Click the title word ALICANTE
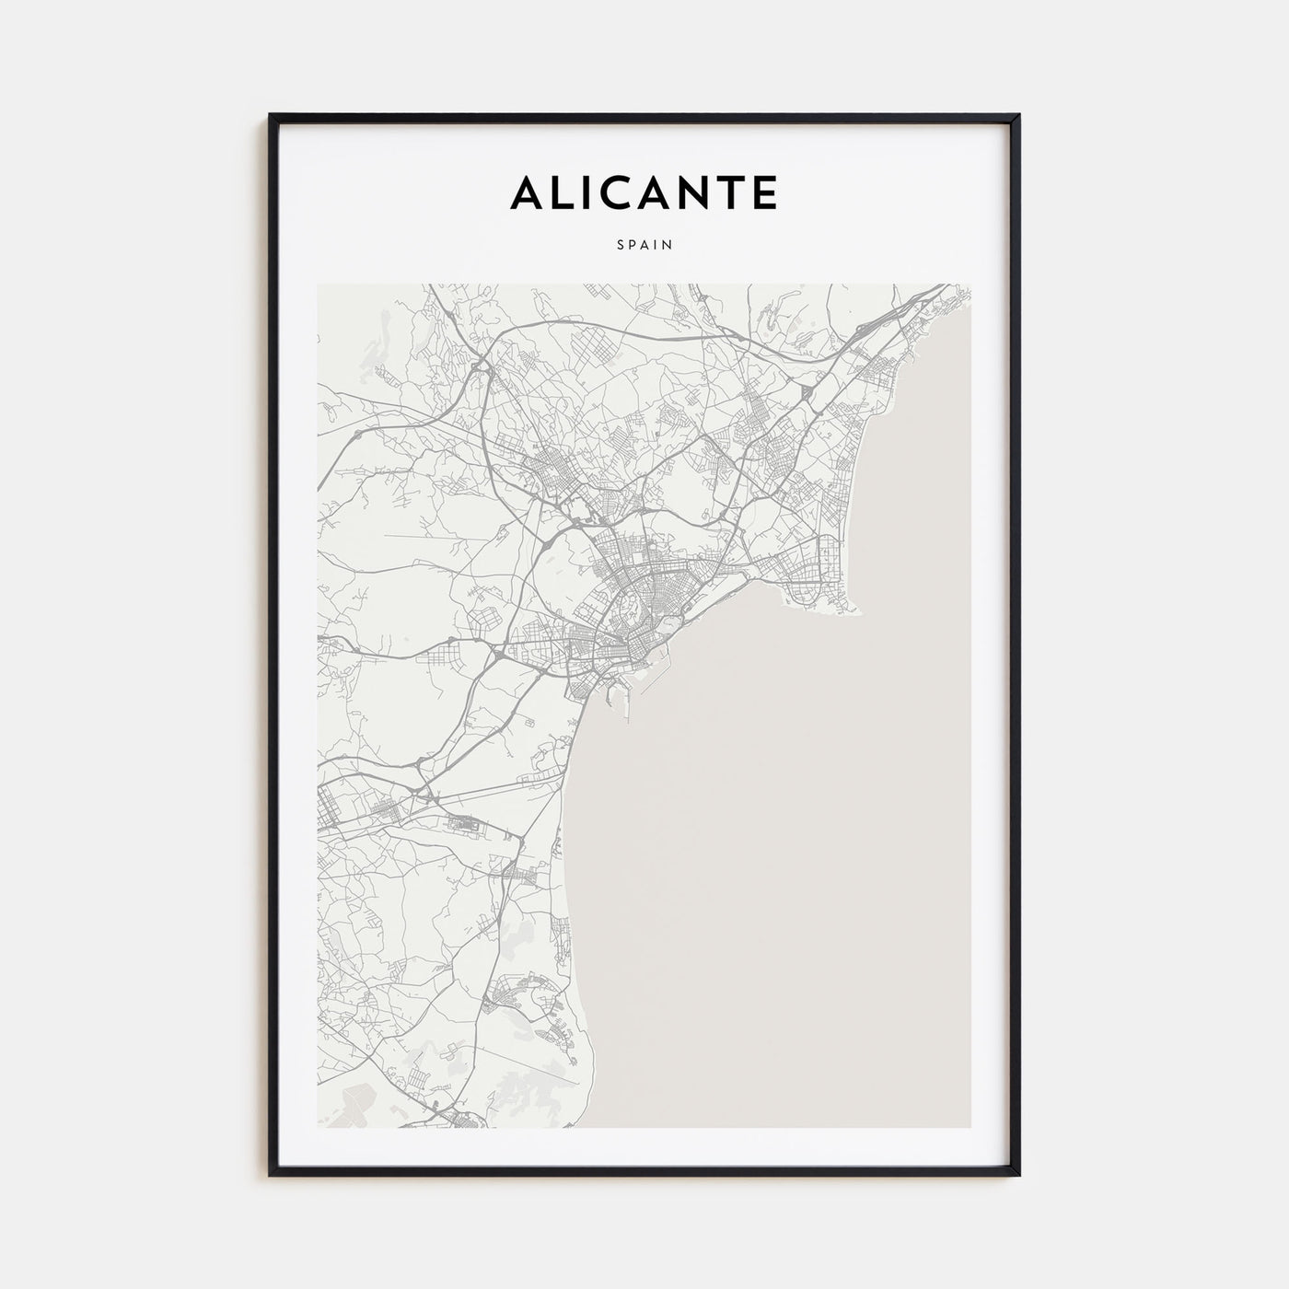644,192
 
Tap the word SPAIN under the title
644,245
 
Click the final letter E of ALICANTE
765,192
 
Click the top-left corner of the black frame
270,115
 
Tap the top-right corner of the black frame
1019,115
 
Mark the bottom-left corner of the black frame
270,1176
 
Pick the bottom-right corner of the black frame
1019,1176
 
